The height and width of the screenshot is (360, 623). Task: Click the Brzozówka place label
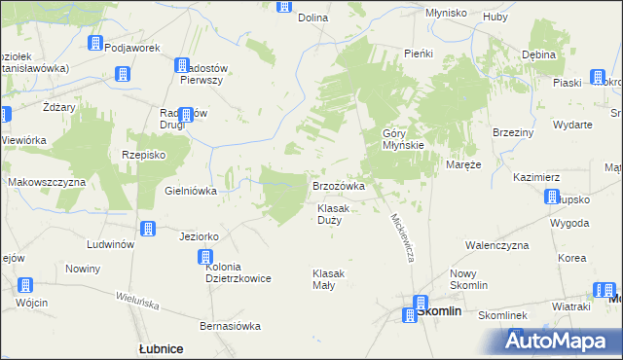coord(338,186)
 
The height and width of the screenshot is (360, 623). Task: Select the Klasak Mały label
coord(329,279)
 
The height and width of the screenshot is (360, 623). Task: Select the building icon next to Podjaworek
coord(95,43)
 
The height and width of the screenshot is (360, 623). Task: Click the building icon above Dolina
coord(283,5)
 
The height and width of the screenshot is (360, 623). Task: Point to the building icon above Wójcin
coord(24,286)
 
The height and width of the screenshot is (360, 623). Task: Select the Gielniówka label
coord(191,191)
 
